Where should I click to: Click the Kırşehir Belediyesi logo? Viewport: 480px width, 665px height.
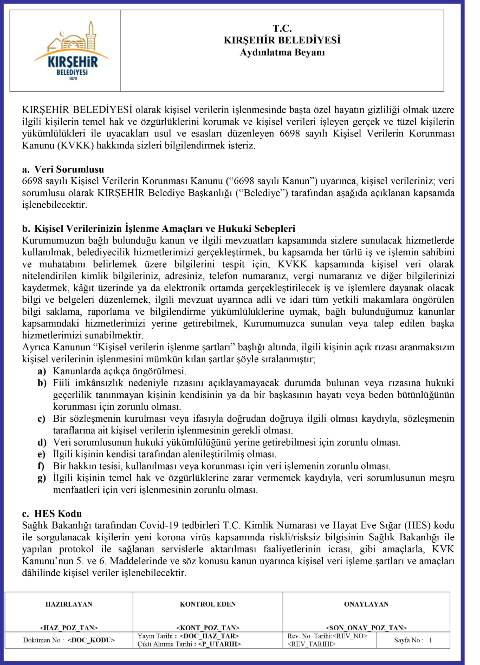70,51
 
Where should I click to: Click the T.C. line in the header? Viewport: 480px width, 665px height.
282,29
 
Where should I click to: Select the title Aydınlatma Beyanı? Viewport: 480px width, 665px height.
282,53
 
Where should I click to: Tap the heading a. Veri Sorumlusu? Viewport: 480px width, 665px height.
63,169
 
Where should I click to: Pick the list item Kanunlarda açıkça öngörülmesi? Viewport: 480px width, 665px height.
119,371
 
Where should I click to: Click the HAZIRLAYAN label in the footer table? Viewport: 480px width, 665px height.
69,604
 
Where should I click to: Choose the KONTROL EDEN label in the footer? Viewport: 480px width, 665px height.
208,604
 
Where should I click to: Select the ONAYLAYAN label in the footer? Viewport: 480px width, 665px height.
366,604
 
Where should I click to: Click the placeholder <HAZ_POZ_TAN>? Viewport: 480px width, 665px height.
69,628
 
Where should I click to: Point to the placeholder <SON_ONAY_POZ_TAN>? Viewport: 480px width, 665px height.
366,628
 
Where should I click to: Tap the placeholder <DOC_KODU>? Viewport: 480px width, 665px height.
91,640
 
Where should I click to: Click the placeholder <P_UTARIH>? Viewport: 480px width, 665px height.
219,644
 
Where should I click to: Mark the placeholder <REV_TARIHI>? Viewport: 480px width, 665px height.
311,644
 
